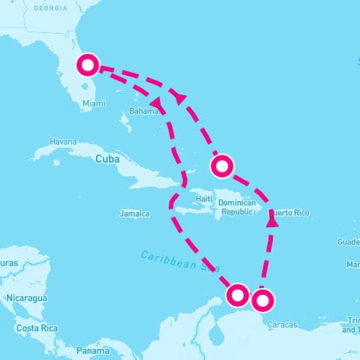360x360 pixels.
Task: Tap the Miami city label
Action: point(94,103)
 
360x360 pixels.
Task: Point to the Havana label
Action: point(63,142)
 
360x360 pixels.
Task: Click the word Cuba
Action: point(108,159)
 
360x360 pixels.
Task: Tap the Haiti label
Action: point(204,199)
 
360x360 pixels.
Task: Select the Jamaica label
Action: point(134,214)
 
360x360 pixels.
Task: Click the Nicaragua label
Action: point(26,298)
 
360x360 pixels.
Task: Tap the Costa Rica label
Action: point(38,328)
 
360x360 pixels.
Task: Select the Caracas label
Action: point(282,325)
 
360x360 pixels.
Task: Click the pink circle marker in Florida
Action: point(88,65)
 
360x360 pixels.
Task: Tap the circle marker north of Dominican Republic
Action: point(222,165)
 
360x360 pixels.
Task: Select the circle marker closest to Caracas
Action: point(263,301)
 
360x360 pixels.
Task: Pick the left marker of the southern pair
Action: point(238,295)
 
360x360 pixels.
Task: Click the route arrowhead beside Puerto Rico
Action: point(272,222)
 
